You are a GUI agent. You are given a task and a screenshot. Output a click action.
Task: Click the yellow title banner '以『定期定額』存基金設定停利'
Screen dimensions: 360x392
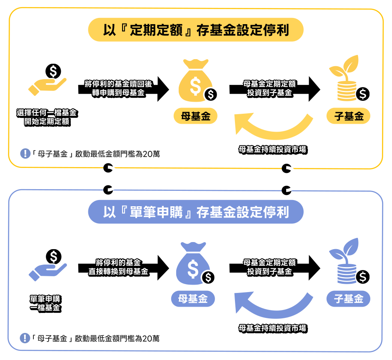[x=195, y=30]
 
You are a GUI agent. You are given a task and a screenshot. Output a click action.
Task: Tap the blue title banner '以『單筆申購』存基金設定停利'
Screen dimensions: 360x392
[x=195, y=212]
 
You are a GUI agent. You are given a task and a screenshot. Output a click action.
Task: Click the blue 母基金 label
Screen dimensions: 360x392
[x=193, y=298]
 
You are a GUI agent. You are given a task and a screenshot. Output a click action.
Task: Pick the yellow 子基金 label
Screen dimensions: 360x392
[x=349, y=116]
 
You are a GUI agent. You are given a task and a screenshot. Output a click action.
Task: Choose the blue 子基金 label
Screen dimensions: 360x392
[x=349, y=298]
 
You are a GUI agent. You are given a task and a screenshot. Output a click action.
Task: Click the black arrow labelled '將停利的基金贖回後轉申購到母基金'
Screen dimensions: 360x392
[x=123, y=88]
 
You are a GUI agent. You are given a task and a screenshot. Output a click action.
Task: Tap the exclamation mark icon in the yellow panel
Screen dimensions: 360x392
[x=25, y=154]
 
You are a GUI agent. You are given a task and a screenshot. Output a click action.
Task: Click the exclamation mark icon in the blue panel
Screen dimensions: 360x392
[x=25, y=338]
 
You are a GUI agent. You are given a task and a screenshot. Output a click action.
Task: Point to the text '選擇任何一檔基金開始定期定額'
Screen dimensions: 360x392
[x=47, y=117]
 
